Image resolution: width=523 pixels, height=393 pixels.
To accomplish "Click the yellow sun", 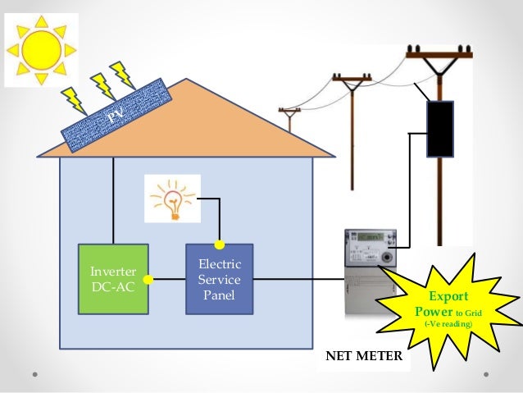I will [x=42, y=49].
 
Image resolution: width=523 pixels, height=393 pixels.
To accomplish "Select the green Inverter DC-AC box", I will [x=113, y=279].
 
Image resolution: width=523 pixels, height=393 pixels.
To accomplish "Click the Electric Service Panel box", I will [x=219, y=279].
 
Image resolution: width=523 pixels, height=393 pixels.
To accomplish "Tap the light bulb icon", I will [x=171, y=198].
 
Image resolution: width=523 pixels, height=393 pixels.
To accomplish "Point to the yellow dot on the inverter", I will [x=148, y=279].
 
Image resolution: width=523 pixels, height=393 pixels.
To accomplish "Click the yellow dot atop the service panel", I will [x=219, y=244].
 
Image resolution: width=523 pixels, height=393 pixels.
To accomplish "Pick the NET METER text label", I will [x=364, y=357].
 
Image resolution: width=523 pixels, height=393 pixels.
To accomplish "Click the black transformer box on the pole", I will [x=440, y=129].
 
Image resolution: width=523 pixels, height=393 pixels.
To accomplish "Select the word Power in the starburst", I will [x=433, y=311].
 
